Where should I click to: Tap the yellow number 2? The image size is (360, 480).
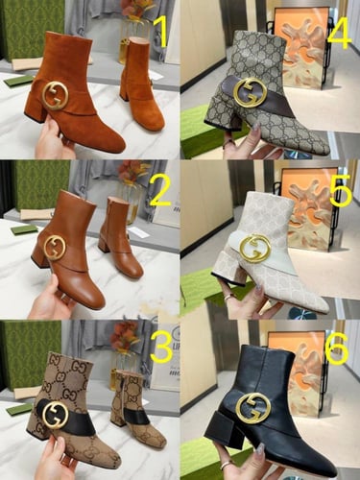[x=160, y=191]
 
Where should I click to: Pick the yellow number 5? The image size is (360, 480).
[x=340, y=191]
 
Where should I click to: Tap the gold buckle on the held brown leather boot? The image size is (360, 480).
[x=55, y=247]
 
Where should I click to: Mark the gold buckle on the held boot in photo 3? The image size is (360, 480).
[x=54, y=414]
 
